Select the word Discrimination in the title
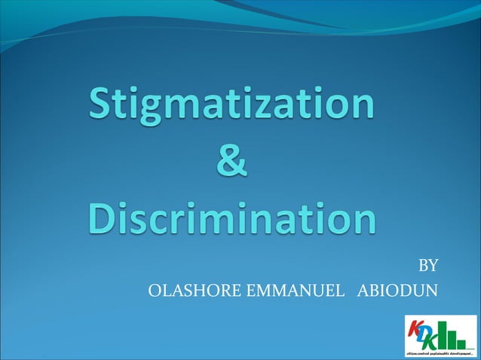[x=231, y=219]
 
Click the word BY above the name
[x=427, y=266]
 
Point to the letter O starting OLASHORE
[x=156, y=290]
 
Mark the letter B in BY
[x=423, y=266]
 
